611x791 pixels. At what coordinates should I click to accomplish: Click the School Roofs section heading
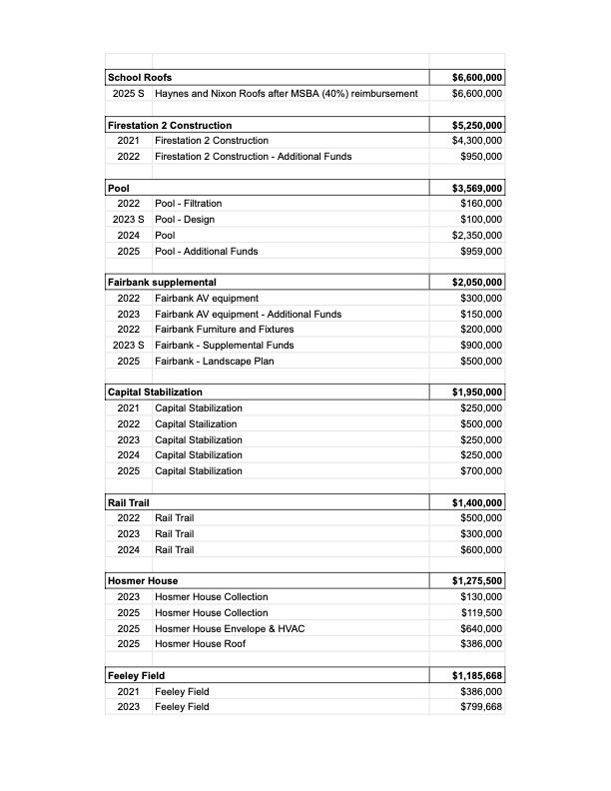click(x=140, y=78)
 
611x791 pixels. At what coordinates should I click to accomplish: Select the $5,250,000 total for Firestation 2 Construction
click(x=477, y=126)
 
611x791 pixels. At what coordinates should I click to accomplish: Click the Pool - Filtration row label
click(x=189, y=204)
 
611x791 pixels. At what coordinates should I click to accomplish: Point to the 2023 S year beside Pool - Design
click(x=128, y=220)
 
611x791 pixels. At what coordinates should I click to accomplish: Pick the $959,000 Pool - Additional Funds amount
click(x=481, y=251)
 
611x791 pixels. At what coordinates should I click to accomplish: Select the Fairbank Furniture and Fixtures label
click(x=225, y=330)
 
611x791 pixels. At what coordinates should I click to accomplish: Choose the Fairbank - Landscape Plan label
click(x=215, y=362)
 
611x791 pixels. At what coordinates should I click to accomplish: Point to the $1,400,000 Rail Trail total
click(x=477, y=503)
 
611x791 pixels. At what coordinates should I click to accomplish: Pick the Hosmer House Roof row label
click(x=200, y=644)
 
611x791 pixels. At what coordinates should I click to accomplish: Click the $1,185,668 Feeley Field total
click(x=477, y=676)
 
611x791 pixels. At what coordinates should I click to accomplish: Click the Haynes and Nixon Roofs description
click(x=287, y=94)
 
